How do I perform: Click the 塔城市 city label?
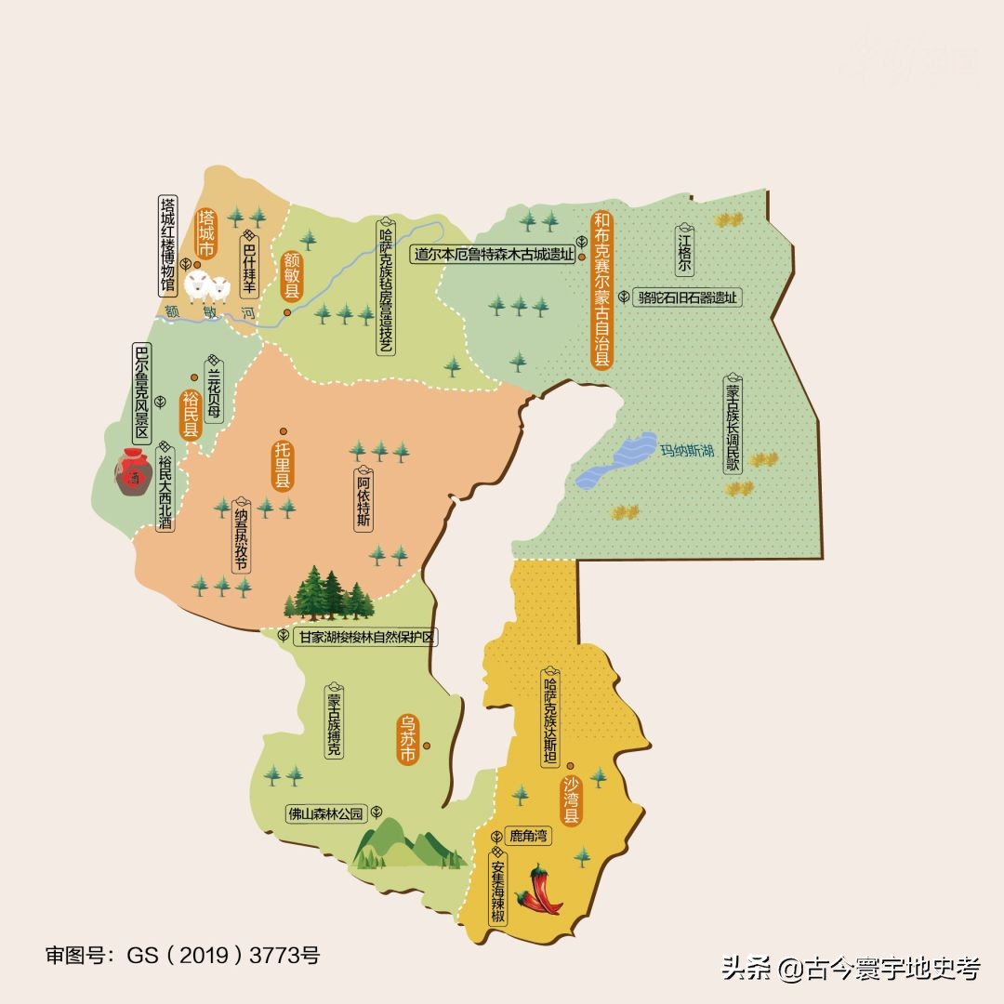pyautogui.click(x=206, y=232)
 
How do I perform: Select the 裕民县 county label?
pyautogui.click(x=191, y=415)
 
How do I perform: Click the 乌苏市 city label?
pyautogui.click(x=407, y=739)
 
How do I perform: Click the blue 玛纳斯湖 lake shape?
pyautogui.click(x=618, y=461)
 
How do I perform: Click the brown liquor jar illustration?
pyautogui.click(x=134, y=472)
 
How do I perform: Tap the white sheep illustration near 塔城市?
pyautogui.click(x=207, y=287)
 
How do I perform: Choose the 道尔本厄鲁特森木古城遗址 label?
pyautogui.click(x=494, y=255)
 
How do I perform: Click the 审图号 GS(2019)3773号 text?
pyautogui.click(x=182, y=956)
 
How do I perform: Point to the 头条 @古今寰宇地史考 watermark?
pyautogui.click(x=851, y=970)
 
